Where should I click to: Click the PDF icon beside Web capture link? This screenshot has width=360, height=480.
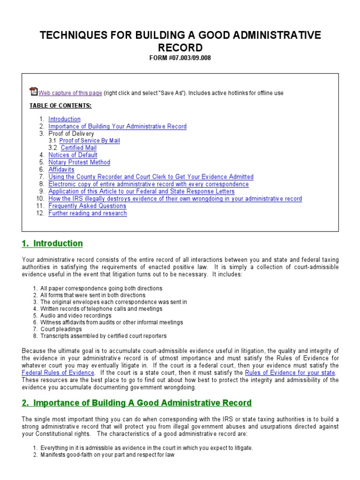(x=33, y=91)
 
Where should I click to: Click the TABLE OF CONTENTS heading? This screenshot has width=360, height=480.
(x=60, y=105)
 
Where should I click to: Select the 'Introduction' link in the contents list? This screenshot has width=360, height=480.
(x=64, y=119)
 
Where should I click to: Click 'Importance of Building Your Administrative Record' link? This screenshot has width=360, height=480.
(x=117, y=127)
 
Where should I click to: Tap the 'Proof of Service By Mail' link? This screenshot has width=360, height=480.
(x=90, y=141)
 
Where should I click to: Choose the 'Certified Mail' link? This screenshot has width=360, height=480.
(x=79, y=148)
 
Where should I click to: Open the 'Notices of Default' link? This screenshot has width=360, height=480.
(x=73, y=155)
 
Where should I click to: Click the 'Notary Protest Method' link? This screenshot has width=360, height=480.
(x=79, y=162)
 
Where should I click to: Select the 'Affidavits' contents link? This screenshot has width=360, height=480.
(x=61, y=170)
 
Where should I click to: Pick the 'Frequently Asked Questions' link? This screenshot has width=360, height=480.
(x=87, y=206)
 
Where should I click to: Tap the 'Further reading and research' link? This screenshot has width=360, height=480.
(x=88, y=213)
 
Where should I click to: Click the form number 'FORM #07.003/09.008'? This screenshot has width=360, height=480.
(x=180, y=58)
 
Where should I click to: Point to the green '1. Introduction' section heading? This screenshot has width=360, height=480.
(x=52, y=244)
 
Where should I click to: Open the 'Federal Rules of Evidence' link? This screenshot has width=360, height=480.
(x=58, y=373)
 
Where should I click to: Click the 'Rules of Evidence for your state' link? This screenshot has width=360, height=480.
(x=290, y=373)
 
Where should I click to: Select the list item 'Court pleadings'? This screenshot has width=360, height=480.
(x=61, y=329)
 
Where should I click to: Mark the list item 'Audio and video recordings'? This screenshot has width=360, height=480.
(x=76, y=315)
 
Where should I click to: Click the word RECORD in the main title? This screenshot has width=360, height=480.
(x=180, y=47)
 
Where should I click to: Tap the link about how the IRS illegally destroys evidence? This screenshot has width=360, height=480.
(x=175, y=199)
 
